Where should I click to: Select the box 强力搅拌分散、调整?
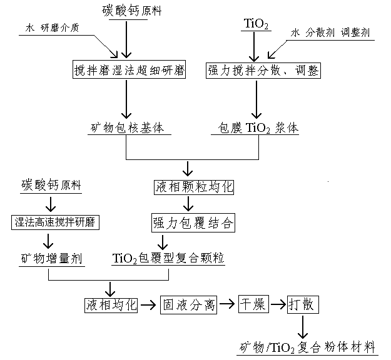[x=263, y=71]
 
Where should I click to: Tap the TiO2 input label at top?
[x=256, y=26]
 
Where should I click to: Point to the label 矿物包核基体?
[x=127, y=129]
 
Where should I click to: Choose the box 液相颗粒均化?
[x=193, y=187]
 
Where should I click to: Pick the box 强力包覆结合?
[x=193, y=222]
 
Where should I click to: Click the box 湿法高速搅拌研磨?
[x=56, y=222]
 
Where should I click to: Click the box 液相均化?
[x=111, y=304]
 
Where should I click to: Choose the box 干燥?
[x=253, y=304]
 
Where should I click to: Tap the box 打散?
[x=303, y=304]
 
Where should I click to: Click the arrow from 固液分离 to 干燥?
[x=227, y=305]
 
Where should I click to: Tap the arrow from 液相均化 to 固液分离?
[x=148, y=305]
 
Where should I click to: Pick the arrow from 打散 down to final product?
[x=303, y=326]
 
